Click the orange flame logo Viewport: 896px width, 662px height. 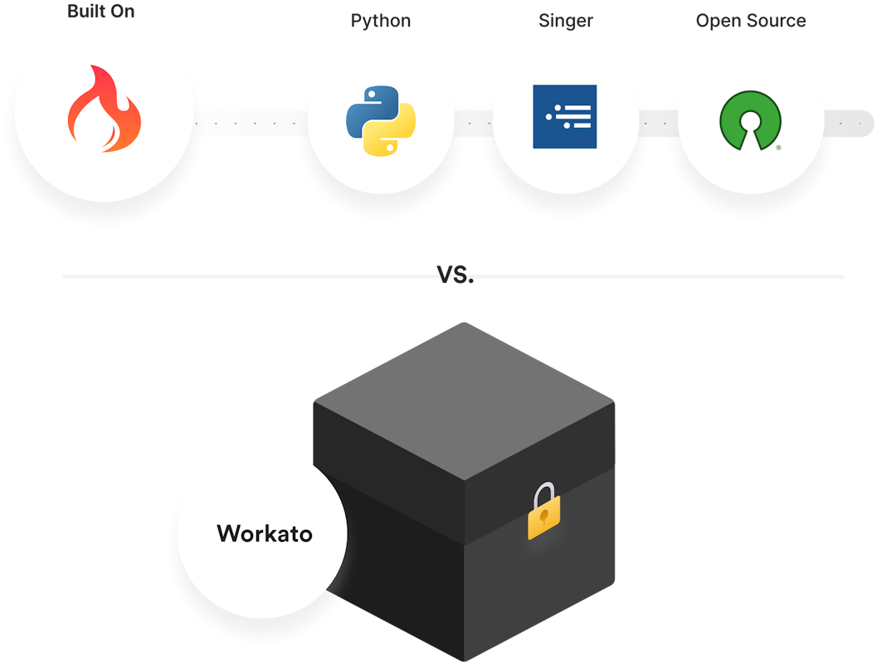click(105, 110)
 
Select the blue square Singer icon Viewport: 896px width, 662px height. click(564, 117)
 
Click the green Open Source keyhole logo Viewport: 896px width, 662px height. click(750, 121)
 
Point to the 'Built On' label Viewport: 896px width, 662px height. click(101, 12)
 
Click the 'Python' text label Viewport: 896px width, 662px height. click(380, 21)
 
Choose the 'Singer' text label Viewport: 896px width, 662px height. click(566, 21)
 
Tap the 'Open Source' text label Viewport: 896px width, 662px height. click(751, 21)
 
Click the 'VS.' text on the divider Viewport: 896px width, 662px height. click(455, 275)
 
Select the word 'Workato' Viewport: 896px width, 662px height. click(265, 533)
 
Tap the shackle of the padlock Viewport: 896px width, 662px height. click(544, 494)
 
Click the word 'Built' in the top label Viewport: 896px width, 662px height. click(85, 12)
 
